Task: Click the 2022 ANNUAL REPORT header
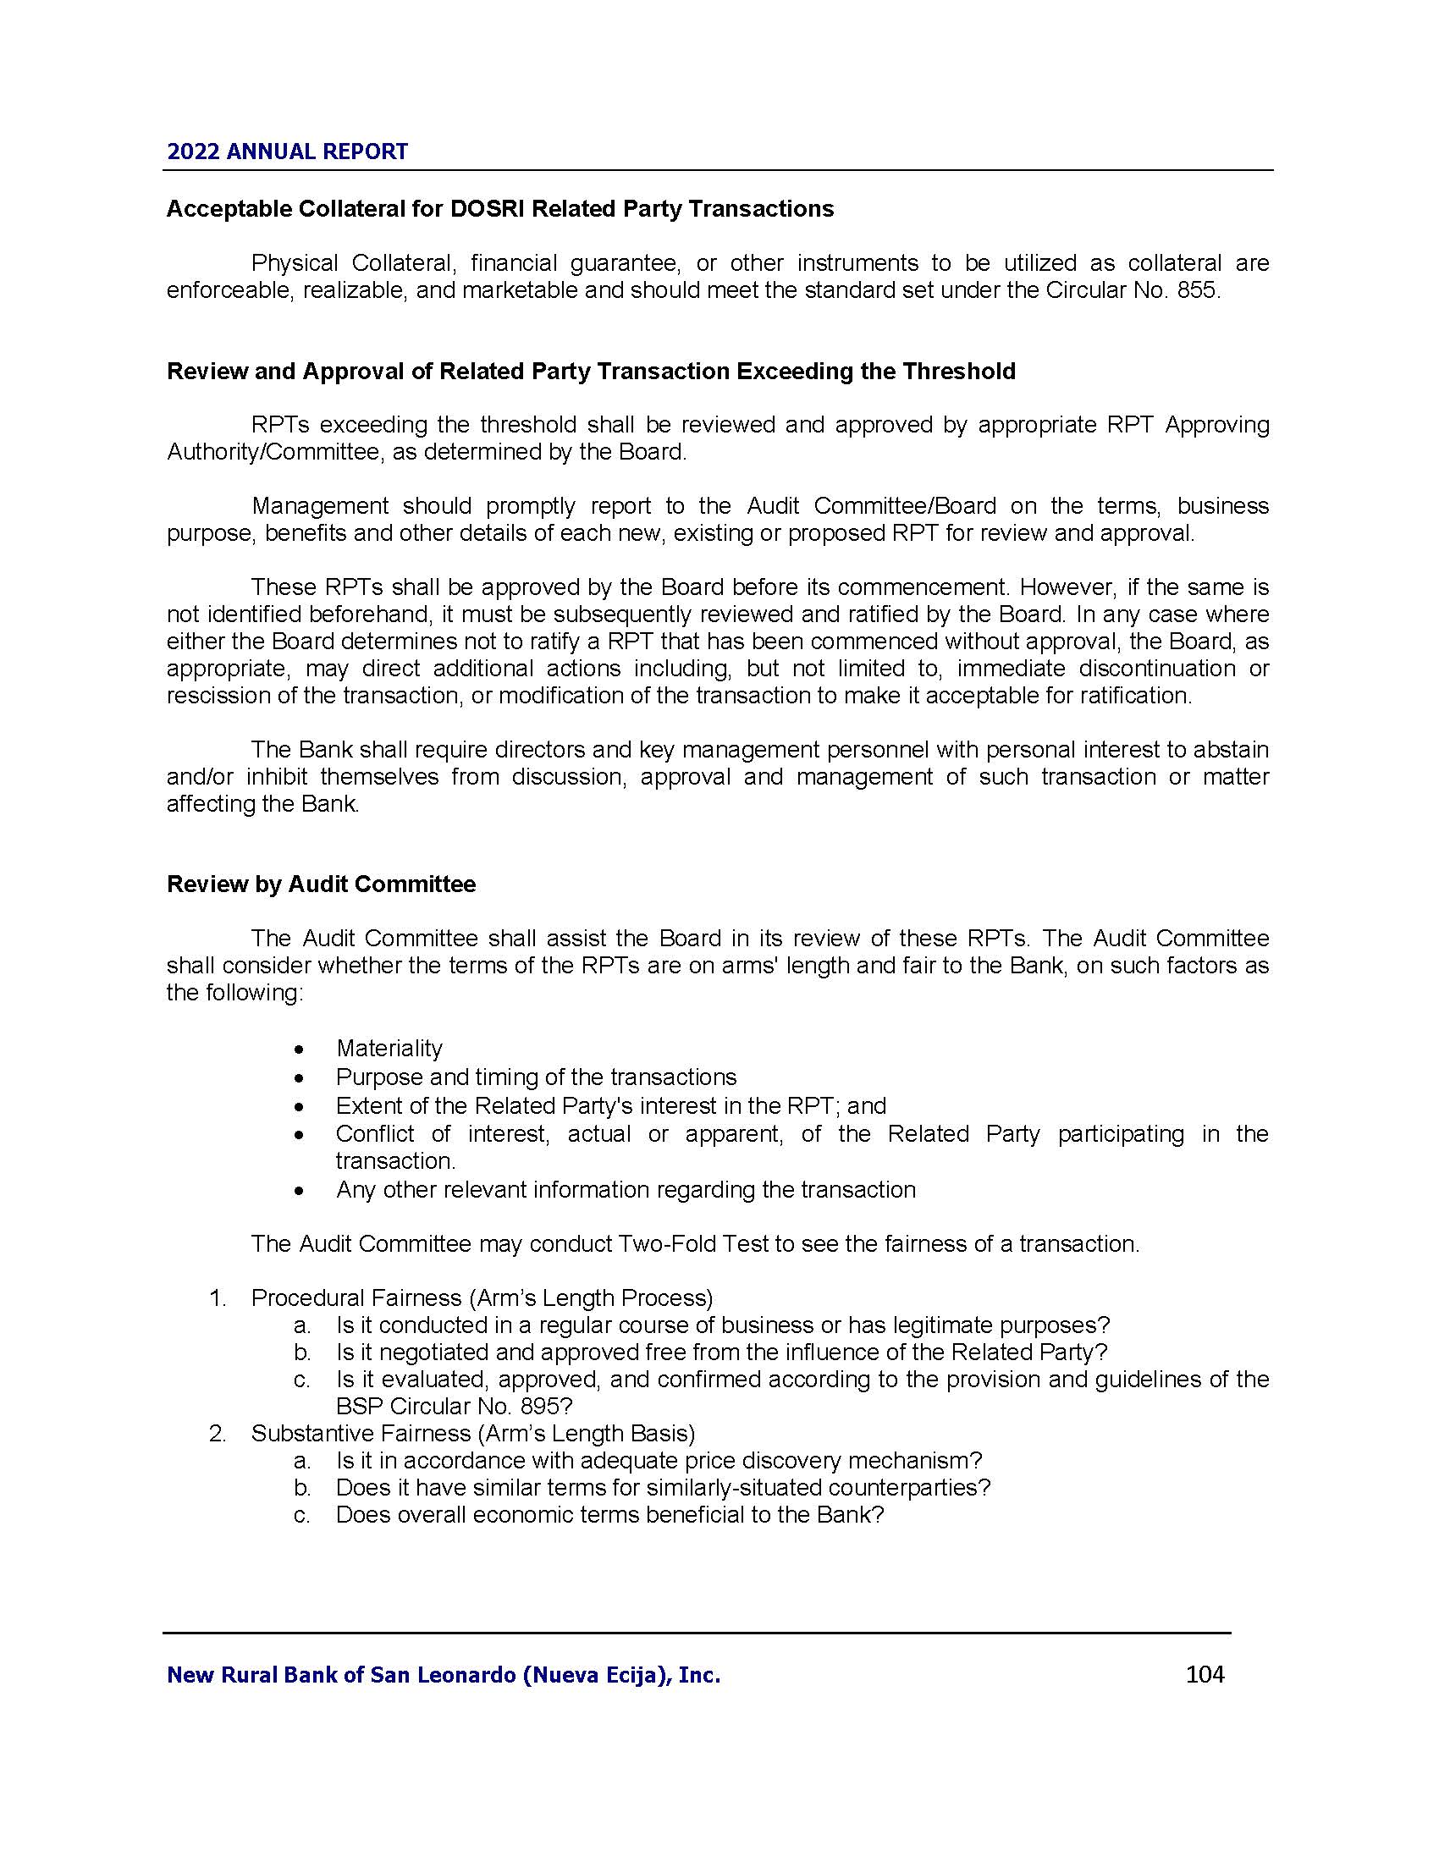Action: (x=287, y=151)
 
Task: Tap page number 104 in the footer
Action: (x=1205, y=1674)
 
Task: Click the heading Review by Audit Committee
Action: (x=321, y=884)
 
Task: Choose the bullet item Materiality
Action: (x=389, y=1048)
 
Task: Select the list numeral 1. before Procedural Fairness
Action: (x=218, y=1297)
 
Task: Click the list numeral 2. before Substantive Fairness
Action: (x=218, y=1433)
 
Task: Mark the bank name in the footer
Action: (x=444, y=1675)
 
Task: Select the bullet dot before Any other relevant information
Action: (x=298, y=1190)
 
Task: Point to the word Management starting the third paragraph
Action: (x=320, y=506)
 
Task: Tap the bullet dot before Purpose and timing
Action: (x=298, y=1077)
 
